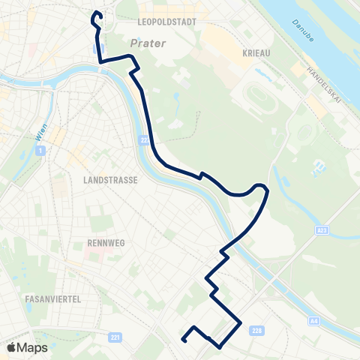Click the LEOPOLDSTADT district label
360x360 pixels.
[167, 22]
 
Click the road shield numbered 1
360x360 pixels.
[39, 151]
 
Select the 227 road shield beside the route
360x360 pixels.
[145, 139]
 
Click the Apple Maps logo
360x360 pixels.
[27, 347]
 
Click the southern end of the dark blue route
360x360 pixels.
[184, 340]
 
